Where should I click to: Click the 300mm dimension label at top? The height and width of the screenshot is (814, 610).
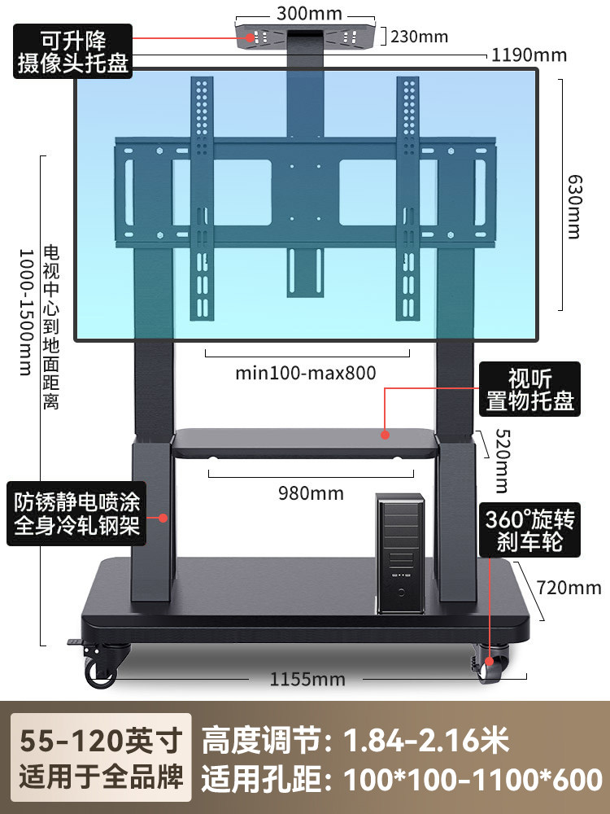point(309,14)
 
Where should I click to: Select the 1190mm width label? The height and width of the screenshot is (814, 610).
point(529,55)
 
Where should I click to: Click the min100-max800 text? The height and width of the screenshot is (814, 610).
point(306,373)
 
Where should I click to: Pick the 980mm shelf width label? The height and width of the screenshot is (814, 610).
point(310,493)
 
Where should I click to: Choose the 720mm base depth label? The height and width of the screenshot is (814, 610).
point(569,587)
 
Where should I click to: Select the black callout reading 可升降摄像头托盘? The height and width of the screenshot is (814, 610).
point(74,51)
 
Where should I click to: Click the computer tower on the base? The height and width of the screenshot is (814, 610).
point(400,556)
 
